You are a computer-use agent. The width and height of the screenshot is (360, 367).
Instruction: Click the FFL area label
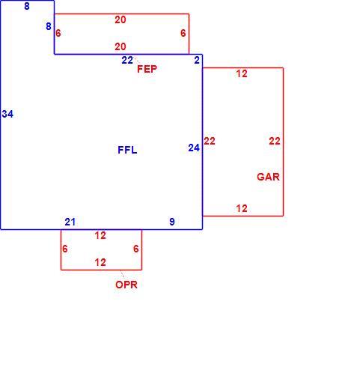[127, 150]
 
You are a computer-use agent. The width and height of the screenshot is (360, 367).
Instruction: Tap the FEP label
[147, 69]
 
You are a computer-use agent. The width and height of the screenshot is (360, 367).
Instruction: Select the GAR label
[268, 177]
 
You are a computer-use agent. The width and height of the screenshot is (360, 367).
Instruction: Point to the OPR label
[126, 285]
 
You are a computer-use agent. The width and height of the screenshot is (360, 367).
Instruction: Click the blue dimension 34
[7, 114]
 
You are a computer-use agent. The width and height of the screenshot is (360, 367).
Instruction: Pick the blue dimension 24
[194, 148]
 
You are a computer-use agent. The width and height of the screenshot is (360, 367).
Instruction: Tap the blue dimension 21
[70, 222]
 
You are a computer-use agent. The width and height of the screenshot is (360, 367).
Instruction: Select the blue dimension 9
[172, 222]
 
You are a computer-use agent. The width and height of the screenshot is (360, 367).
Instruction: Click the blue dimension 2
[197, 60]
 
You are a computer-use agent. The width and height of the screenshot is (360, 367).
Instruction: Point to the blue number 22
[127, 60]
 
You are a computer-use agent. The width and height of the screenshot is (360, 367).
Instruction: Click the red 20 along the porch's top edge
[120, 19]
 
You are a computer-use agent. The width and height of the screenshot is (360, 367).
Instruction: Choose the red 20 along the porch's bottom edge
[120, 46]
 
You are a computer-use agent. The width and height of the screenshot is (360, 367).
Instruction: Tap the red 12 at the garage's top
[242, 73]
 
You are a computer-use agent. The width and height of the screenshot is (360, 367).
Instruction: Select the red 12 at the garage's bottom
[242, 208]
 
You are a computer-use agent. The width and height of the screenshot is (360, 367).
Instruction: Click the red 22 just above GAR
[275, 141]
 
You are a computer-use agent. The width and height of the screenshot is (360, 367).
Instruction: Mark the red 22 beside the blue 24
[210, 141]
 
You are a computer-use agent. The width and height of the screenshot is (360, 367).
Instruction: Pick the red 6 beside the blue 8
[58, 33]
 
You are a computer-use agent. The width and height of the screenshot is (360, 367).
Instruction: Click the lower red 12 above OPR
[100, 262]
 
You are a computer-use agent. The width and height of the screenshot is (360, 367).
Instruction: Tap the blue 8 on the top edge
[27, 6]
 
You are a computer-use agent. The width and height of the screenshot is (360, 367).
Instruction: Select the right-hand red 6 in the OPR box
[135, 249]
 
